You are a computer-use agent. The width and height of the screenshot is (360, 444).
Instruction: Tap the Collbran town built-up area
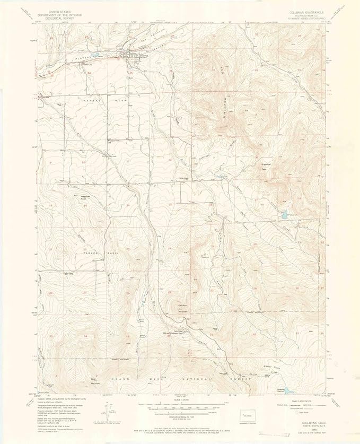pos(130,54)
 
